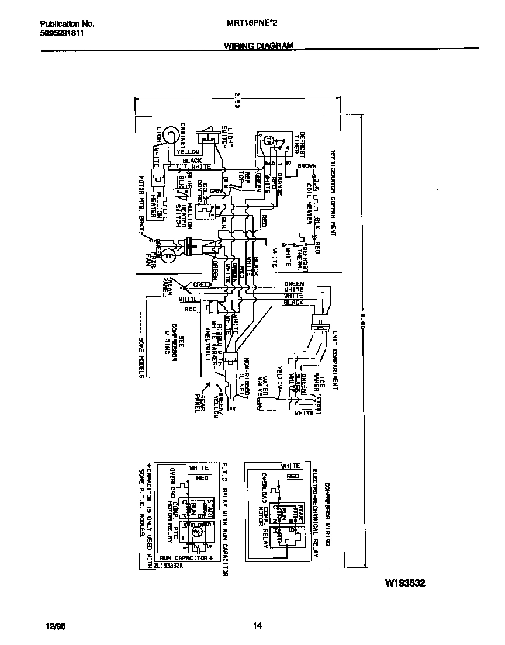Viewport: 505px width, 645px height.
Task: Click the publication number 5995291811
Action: (62, 33)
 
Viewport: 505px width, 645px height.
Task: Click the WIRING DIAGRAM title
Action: (258, 46)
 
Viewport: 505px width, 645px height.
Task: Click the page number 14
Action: (257, 626)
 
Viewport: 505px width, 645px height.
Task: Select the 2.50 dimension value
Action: (237, 100)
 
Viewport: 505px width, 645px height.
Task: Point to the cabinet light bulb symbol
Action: (170, 136)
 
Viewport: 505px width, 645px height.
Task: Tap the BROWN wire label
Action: (307, 167)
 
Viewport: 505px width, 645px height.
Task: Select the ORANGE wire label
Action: (280, 185)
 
